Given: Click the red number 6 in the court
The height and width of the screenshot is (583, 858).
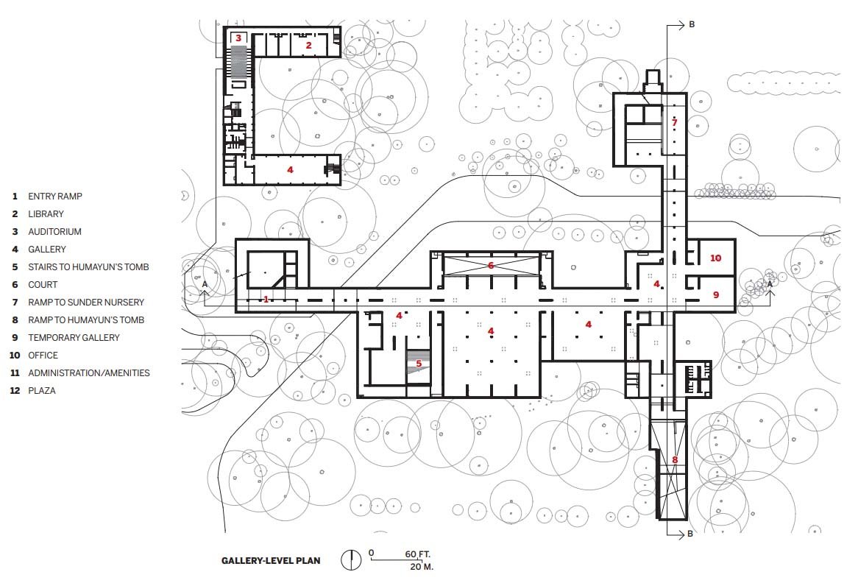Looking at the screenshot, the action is pyautogui.click(x=491, y=266).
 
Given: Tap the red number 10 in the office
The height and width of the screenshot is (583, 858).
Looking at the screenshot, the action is pyautogui.click(x=716, y=258).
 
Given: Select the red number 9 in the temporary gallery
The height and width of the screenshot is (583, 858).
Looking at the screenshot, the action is pyautogui.click(x=716, y=294).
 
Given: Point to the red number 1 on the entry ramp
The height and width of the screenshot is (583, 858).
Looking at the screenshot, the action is pyautogui.click(x=266, y=299).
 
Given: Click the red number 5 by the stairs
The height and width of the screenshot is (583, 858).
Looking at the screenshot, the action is pyautogui.click(x=419, y=364).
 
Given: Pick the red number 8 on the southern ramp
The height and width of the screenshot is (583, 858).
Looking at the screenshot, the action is pyautogui.click(x=675, y=460).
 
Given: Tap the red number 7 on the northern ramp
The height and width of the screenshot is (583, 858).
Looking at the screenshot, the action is pyautogui.click(x=675, y=123).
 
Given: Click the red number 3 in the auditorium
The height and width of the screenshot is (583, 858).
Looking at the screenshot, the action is pyautogui.click(x=238, y=38).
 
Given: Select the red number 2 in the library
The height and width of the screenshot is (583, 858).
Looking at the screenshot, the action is pyautogui.click(x=308, y=46).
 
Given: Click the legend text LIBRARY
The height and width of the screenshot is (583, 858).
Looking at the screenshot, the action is pyautogui.click(x=46, y=214).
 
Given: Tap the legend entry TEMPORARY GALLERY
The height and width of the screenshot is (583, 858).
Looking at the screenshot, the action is pyautogui.click(x=74, y=338).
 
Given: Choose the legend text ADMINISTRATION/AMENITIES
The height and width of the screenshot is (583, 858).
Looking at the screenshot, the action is pyautogui.click(x=88, y=372).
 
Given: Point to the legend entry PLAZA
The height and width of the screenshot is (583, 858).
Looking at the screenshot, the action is pyautogui.click(x=42, y=391).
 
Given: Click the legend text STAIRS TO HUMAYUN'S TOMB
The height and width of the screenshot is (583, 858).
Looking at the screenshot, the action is pyautogui.click(x=88, y=267).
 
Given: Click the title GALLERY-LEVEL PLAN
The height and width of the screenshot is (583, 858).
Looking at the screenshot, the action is pyautogui.click(x=271, y=561).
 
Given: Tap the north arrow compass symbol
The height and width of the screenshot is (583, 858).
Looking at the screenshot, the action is pyautogui.click(x=351, y=560).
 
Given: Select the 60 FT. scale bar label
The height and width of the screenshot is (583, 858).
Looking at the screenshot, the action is pyautogui.click(x=417, y=554).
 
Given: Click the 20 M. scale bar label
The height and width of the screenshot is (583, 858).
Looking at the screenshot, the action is pyautogui.click(x=422, y=567).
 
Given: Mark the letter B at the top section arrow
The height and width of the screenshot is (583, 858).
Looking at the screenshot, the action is pyautogui.click(x=692, y=24).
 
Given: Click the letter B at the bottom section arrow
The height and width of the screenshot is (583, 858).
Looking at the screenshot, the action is pyautogui.click(x=690, y=534).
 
